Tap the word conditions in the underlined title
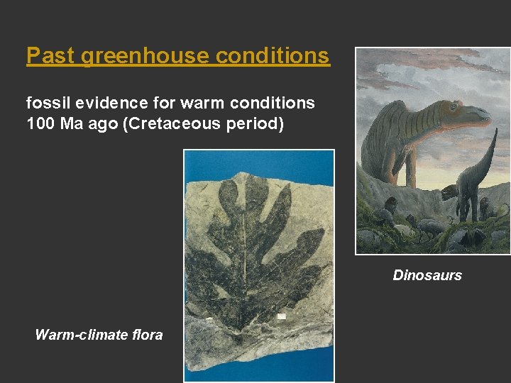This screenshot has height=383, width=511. tap(273, 55)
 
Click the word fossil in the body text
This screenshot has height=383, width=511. tap(44, 103)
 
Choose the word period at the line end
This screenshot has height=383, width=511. tap(258, 124)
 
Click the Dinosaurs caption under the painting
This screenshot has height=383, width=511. tap(427, 275)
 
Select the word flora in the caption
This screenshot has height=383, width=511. tap(146, 335)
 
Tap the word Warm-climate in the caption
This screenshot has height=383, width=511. tap(80, 335)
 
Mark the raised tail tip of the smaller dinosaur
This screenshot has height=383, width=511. tap(495, 132)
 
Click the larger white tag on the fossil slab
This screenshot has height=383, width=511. tap(281, 315)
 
